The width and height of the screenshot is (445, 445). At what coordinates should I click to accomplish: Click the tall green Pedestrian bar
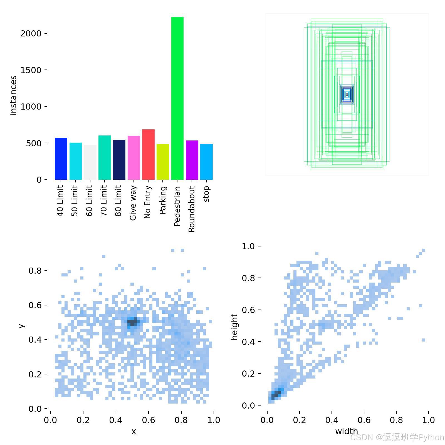[177, 98]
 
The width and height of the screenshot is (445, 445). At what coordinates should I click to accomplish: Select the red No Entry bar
[148, 154]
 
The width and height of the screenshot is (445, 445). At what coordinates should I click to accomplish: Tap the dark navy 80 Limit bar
[119, 160]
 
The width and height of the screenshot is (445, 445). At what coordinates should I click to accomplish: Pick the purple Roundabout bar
[192, 160]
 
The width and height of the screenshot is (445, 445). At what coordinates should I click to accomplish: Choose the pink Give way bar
[134, 158]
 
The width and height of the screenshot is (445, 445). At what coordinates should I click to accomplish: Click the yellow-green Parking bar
[163, 162]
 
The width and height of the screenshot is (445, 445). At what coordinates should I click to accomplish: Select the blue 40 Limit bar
[61, 159]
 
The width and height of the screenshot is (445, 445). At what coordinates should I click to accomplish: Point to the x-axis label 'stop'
[206, 194]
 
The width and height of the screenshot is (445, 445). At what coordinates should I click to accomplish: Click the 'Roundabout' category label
[192, 209]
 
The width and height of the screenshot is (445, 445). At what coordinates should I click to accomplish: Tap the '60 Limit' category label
[89, 201]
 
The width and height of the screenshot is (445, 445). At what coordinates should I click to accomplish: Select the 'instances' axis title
[13, 95]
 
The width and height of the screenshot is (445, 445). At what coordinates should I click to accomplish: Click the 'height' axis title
[234, 327]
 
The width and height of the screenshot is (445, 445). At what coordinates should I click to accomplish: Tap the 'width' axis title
[347, 431]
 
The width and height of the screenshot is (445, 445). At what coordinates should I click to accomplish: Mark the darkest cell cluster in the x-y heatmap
[133, 322]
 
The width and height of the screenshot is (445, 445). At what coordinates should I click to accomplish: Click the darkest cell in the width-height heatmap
[276, 394]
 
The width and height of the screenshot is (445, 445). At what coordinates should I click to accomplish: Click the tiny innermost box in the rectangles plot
[347, 94]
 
